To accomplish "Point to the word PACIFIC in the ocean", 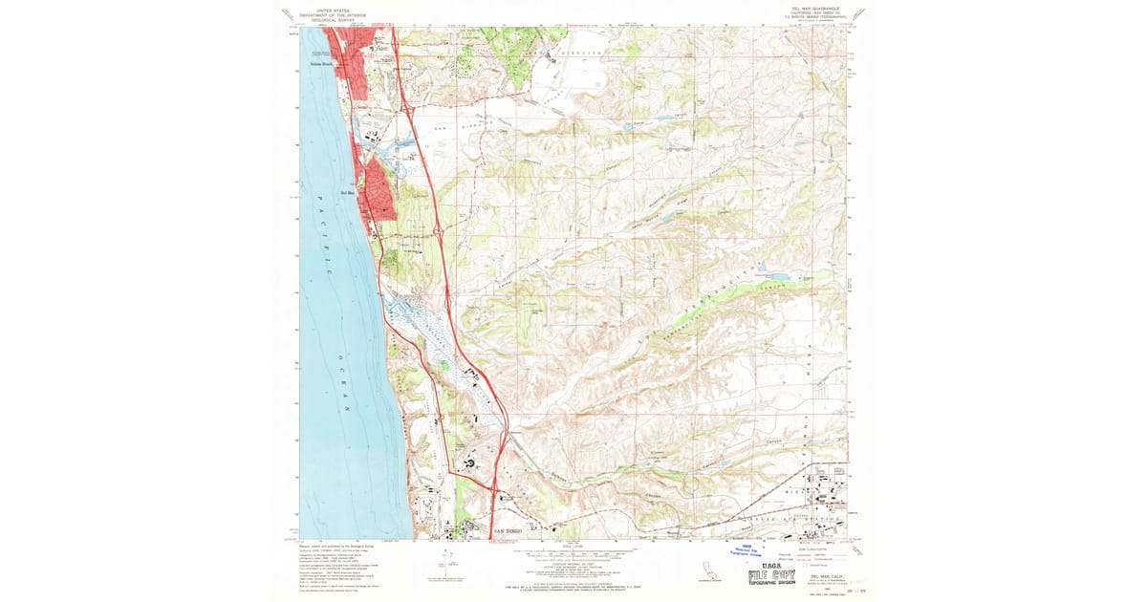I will [322, 235].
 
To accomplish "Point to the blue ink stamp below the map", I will [755, 548].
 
